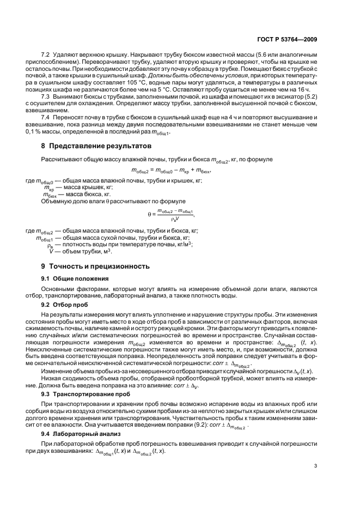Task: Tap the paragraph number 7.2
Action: tap(47, 56)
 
